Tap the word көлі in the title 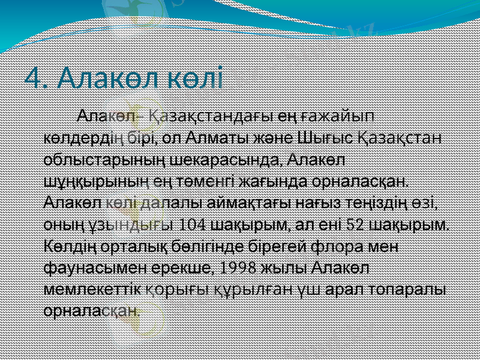coord(195,78)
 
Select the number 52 coord(355,225)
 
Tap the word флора coord(353,247)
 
